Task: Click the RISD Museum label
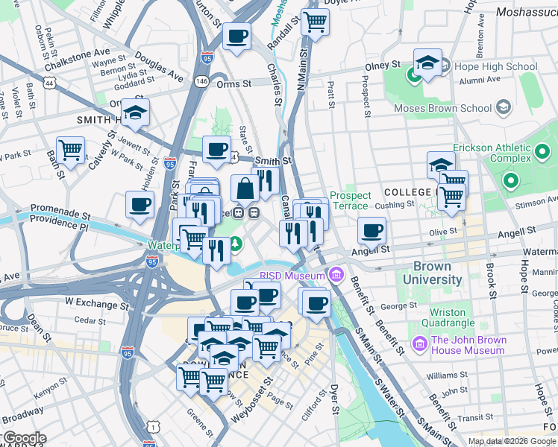pos(293,276)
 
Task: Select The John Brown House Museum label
pos(468,346)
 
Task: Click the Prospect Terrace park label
pos(349,200)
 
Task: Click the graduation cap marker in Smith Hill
pos(135,112)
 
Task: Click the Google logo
pos(24,438)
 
